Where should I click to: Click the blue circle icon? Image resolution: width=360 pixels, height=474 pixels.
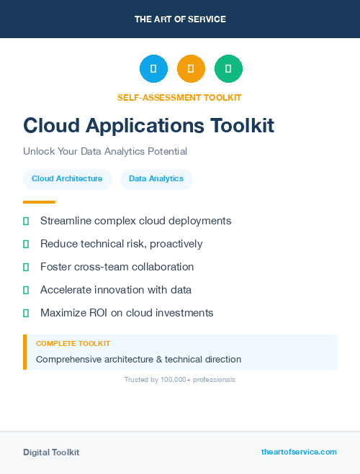153,68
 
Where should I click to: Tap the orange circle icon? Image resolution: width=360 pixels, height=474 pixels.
191,68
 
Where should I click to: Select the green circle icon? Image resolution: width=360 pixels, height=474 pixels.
228,68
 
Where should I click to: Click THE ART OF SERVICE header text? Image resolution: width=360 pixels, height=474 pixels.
180,19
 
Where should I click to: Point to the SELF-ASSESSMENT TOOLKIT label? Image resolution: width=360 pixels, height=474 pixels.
179,97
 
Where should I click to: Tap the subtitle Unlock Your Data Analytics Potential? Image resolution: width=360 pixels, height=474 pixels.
105,152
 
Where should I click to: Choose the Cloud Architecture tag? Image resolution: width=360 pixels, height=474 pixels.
67,178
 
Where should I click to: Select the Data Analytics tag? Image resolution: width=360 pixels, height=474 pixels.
156,178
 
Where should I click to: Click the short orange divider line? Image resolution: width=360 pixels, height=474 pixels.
39,202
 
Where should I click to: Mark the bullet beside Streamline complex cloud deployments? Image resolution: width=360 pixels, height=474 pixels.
26,221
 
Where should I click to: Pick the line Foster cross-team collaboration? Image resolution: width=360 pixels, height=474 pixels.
117,267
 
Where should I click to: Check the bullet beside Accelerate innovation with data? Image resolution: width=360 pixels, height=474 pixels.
26,290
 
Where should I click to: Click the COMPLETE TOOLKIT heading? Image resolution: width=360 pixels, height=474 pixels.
73,344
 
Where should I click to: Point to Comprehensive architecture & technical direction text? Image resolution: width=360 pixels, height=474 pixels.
138,359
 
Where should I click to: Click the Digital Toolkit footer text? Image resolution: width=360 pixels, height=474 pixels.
51,452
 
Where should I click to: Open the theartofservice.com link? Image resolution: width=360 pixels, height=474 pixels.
299,452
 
